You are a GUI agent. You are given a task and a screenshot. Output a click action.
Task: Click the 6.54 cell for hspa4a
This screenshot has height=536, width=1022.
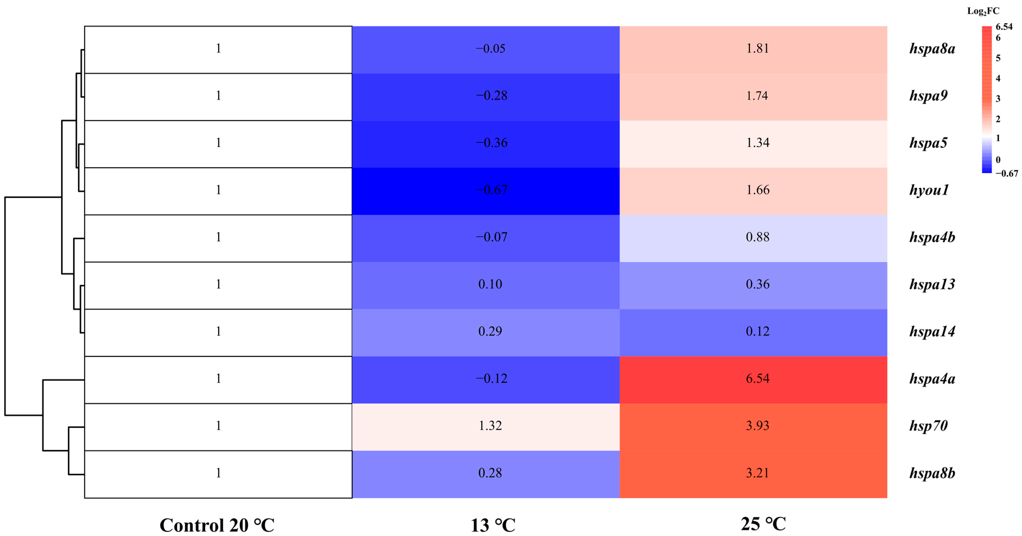pyautogui.click(x=757, y=379)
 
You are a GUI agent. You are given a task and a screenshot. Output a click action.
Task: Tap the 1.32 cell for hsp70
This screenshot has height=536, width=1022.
pyautogui.click(x=490, y=426)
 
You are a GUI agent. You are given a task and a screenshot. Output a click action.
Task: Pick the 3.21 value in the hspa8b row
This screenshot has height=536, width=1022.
pyautogui.click(x=757, y=473)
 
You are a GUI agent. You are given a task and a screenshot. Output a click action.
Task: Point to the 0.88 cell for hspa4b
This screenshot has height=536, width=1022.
pyautogui.click(x=757, y=237)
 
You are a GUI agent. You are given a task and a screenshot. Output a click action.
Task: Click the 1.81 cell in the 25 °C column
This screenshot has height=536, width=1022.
pyautogui.click(x=757, y=48)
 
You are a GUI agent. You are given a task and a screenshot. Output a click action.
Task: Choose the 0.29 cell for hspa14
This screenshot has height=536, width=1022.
pyautogui.click(x=490, y=331)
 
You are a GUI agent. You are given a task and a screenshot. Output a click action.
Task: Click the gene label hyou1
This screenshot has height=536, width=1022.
pyautogui.click(x=929, y=190)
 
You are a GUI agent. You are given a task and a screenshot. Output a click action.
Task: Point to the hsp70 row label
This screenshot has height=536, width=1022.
pyautogui.click(x=928, y=426)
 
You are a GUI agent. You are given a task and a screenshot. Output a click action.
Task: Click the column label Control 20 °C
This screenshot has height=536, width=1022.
pyautogui.click(x=217, y=525)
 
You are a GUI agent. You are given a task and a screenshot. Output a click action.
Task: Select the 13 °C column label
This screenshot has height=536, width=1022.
pyautogui.click(x=493, y=525)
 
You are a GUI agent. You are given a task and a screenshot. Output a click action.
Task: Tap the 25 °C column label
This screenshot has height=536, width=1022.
pyautogui.click(x=763, y=524)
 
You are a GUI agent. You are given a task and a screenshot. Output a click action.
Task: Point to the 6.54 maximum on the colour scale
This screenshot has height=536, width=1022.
pyautogui.click(x=1004, y=27)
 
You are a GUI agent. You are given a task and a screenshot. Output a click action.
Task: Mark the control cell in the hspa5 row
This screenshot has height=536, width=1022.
pyautogui.click(x=218, y=143)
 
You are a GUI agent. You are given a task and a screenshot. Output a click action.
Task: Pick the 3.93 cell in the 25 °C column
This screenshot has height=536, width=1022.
pyautogui.click(x=757, y=426)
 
